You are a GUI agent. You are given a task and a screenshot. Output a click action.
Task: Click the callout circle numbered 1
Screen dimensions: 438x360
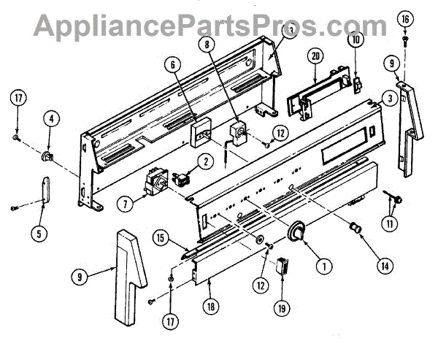(x=319, y=266)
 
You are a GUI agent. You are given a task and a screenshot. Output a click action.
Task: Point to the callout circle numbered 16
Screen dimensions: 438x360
(x=405, y=16)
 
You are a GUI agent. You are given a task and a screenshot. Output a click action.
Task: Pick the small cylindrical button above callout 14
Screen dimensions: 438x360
(x=356, y=229)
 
